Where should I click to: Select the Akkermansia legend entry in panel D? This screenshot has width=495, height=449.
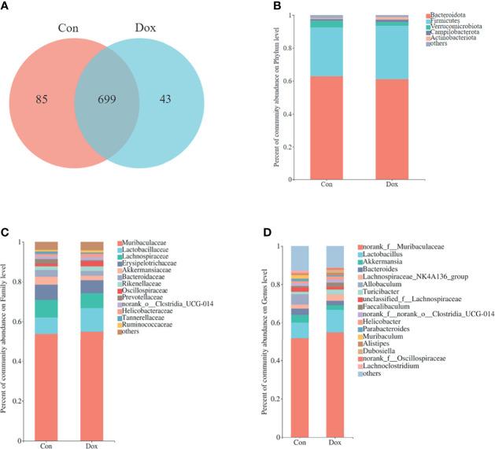point(385,263)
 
